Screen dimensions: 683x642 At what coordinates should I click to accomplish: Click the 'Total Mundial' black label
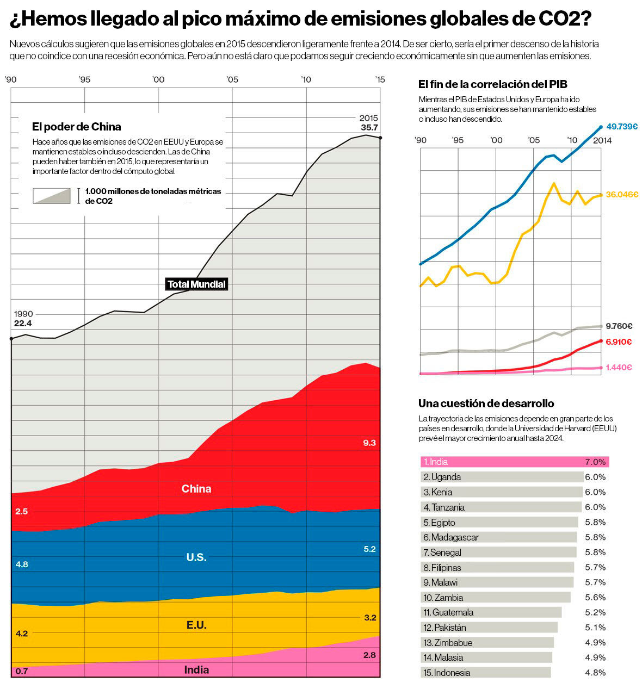(196, 284)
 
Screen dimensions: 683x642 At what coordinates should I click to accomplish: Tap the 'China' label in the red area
(196, 489)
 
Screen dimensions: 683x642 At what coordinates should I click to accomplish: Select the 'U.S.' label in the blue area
(196, 557)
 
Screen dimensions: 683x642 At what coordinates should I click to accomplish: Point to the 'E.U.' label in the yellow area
(196, 625)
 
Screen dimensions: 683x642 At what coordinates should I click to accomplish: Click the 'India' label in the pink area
(196, 670)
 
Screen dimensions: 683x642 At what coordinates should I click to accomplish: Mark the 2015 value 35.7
(369, 128)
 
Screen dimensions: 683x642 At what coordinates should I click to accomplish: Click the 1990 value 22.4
(23, 324)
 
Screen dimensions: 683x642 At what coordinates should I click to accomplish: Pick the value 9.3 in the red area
(369, 443)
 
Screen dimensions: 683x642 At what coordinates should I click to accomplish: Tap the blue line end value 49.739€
(622, 127)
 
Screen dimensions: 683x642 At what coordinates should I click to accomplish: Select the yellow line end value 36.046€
(622, 195)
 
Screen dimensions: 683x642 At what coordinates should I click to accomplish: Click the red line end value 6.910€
(619, 342)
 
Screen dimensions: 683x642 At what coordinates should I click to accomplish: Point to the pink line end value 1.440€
(619, 368)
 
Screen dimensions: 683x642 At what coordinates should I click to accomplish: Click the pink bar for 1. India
(514, 462)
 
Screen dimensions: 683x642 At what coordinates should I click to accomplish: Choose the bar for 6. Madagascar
(498, 537)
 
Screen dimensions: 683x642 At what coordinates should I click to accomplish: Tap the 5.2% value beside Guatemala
(595, 612)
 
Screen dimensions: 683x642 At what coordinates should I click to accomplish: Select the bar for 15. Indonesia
(486, 673)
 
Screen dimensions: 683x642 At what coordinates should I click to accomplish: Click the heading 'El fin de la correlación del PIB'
(492, 84)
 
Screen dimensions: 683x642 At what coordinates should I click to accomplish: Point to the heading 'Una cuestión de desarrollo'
(486, 403)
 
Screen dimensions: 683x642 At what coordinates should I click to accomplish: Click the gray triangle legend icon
(52, 196)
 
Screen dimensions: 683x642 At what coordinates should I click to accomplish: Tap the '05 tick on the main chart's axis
(232, 80)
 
